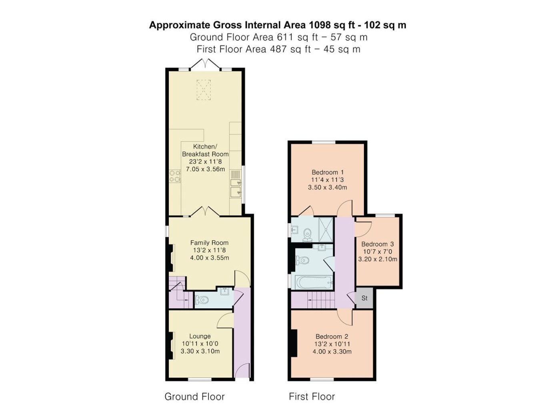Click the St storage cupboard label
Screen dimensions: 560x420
pos(364,298)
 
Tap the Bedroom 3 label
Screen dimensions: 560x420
pos(377,244)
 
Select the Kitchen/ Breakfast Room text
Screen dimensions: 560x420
pos(205,150)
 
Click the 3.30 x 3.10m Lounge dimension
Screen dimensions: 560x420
pos(200,351)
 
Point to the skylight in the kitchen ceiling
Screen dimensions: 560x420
pos(204,90)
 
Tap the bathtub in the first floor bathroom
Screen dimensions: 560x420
pos(314,282)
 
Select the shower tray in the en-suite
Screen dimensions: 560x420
pos(326,229)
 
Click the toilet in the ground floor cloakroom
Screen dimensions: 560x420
pos(201,300)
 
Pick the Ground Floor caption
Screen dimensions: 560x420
pos(194,396)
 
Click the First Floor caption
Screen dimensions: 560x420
pos(312,396)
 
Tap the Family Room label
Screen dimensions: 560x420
pos(210,242)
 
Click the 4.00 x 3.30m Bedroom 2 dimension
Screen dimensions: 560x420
pos(332,352)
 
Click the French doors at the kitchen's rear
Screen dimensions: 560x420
pos(205,64)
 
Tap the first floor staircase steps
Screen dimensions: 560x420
pos(321,300)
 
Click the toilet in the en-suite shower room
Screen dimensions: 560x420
pos(307,235)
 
